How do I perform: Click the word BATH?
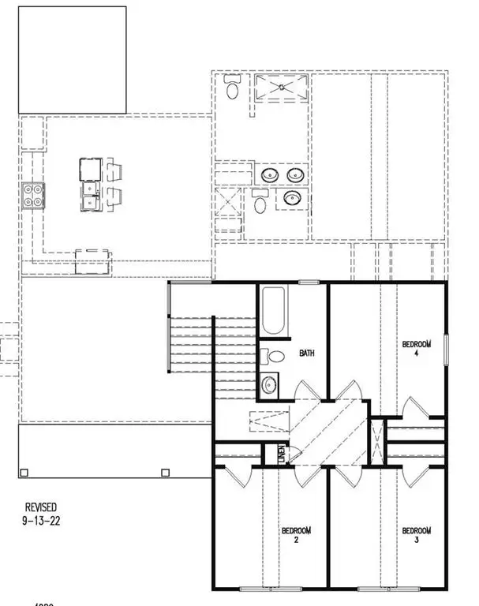click(306, 353)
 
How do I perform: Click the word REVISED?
click(40, 507)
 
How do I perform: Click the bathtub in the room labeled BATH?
click(274, 313)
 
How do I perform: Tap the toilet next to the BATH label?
click(272, 356)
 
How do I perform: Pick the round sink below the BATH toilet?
click(270, 385)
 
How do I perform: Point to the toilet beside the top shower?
click(232, 88)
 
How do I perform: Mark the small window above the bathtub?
click(307, 282)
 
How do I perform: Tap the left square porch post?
click(24, 473)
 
